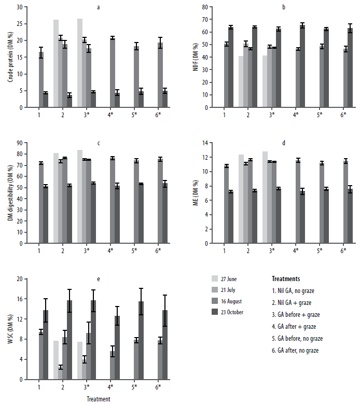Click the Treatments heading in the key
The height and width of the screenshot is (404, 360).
click(285, 278)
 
